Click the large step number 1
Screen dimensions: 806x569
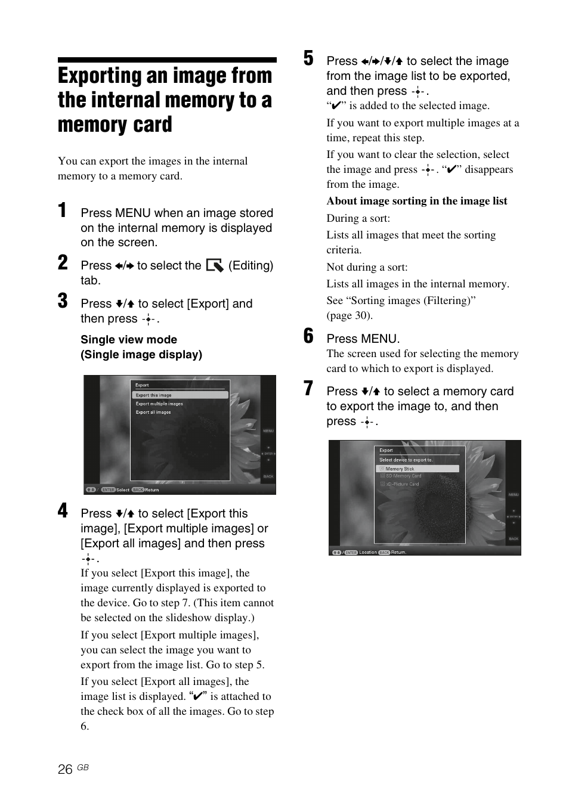(x=62, y=210)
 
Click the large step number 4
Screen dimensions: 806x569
(x=63, y=511)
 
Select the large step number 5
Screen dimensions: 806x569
(x=308, y=58)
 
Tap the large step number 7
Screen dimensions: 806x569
(x=308, y=389)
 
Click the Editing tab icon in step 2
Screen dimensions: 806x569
(x=214, y=266)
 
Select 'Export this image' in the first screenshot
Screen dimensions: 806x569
(x=153, y=395)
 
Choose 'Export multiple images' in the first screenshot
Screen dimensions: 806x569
(x=159, y=404)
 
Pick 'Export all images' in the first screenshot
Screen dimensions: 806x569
(x=153, y=412)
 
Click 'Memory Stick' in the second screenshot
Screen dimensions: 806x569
(x=400, y=469)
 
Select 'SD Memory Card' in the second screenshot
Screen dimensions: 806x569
(x=403, y=476)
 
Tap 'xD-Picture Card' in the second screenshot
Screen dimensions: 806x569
(x=402, y=484)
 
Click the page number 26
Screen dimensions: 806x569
(x=65, y=770)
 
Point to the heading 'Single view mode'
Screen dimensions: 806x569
(x=129, y=340)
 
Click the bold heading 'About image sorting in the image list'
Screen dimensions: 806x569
(x=416, y=201)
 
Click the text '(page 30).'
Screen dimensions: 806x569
(x=349, y=315)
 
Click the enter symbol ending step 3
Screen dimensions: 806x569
(x=149, y=320)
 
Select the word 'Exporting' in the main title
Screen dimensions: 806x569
(x=106, y=76)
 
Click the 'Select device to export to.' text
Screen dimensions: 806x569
(x=406, y=460)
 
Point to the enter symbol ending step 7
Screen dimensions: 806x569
(x=367, y=422)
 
